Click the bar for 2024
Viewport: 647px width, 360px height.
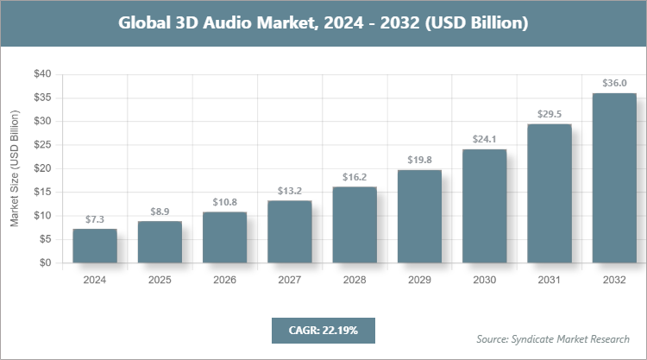[x=95, y=246]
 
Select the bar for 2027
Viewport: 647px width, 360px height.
[x=290, y=232]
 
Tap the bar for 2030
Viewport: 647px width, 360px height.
[x=485, y=206]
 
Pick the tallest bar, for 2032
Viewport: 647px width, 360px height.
[x=614, y=178]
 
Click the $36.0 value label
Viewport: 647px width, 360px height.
[x=614, y=83]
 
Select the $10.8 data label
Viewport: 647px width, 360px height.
[x=224, y=202]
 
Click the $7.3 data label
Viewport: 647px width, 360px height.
[x=95, y=218]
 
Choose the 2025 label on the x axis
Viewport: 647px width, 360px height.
[x=160, y=280]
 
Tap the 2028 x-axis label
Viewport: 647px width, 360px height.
[x=355, y=280]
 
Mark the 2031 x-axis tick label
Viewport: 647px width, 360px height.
[x=550, y=280]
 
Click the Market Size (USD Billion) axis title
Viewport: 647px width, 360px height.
[x=15, y=169]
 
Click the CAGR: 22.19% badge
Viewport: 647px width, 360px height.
[x=323, y=330]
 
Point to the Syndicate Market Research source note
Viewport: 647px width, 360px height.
[x=553, y=338]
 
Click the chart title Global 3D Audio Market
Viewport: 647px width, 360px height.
[x=323, y=23]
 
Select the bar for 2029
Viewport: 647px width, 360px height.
[x=419, y=217]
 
